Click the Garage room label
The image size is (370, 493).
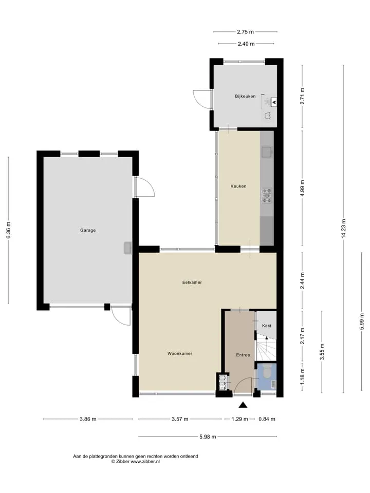88,230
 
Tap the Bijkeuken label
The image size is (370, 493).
245,96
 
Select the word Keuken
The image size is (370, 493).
238,186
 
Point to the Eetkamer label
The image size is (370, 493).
192,282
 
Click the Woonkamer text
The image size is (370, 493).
180,353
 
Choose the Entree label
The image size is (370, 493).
243,355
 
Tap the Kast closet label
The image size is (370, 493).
267,326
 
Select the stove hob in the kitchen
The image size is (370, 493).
267,196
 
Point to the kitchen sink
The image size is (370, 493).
267,152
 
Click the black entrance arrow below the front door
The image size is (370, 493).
243,405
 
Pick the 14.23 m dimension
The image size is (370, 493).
343,229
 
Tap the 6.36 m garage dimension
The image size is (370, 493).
9,230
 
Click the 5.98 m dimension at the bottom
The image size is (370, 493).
208,437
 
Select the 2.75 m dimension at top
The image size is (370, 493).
246,32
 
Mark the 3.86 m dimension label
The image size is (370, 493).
88,419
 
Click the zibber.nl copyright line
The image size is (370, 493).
136,462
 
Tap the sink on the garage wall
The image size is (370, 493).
127,248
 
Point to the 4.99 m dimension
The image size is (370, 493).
302,188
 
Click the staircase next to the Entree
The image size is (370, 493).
266,348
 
